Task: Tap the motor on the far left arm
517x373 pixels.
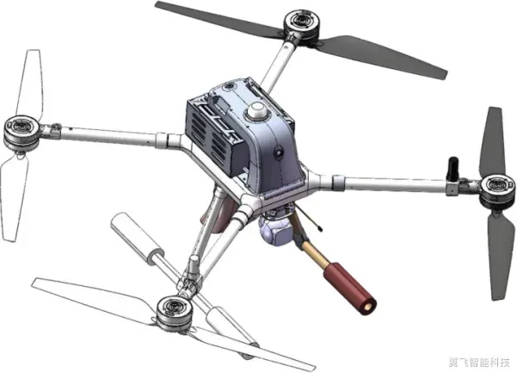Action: tap(22, 131)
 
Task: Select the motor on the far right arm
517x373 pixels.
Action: tap(497, 190)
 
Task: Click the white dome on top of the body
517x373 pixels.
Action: tap(258, 110)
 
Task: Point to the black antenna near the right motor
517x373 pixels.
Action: tap(452, 170)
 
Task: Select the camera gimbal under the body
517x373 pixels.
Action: tap(275, 228)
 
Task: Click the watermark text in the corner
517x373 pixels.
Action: tap(479, 362)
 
